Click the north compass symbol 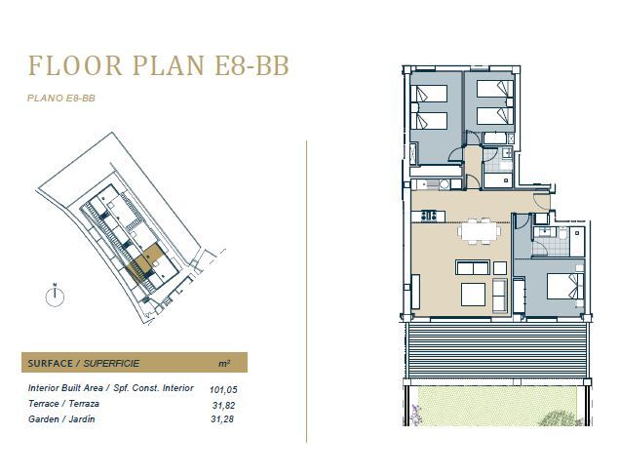pos(55,297)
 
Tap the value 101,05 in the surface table pos(223,390)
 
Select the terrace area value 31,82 pos(223,405)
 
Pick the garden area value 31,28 pos(222,419)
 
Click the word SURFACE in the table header pos(51,364)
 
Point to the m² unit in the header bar pos(224,363)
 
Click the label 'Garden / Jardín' pos(61,419)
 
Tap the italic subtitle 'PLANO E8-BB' pos(61,98)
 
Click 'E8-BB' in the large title pos(251,65)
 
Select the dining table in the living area pos(480,231)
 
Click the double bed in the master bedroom pos(565,287)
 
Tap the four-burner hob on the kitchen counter pos(428,216)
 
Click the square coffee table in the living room pos(473,295)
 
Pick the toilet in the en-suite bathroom pos(562,233)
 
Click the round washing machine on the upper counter pos(445,184)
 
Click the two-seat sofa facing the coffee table pos(473,267)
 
